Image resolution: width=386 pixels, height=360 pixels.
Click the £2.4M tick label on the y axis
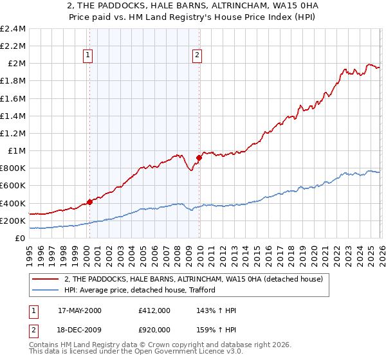pyautogui.click(x=13, y=29)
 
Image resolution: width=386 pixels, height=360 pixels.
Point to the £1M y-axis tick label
pyautogui.click(x=15, y=151)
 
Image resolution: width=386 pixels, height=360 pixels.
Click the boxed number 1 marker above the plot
pyautogui.click(x=87, y=55)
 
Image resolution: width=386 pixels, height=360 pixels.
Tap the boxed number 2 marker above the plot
pyautogui.click(x=196, y=55)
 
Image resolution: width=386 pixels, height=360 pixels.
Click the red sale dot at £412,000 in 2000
pyautogui.click(x=89, y=202)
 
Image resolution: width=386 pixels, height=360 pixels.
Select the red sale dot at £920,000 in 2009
pyautogui.click(x=199, y=157)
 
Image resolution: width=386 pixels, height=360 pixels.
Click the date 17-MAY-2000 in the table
pyautogui.click(x=79, y=310)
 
